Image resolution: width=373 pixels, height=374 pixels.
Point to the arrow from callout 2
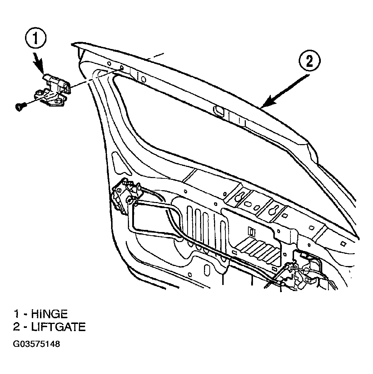(x=286, y=90)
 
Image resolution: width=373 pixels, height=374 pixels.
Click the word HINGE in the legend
(x=49, y=314)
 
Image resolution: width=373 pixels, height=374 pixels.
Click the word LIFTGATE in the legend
(x=58, y=327)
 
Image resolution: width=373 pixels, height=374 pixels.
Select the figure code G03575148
(x=36, y=344)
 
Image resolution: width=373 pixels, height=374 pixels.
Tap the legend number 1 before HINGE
(x=16, y=314)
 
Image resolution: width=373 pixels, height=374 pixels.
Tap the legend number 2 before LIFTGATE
(x=16, y=327)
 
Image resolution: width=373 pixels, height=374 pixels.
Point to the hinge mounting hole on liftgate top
(x=121, y=68)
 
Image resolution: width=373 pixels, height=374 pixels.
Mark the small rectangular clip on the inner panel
(x=252, y=232)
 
